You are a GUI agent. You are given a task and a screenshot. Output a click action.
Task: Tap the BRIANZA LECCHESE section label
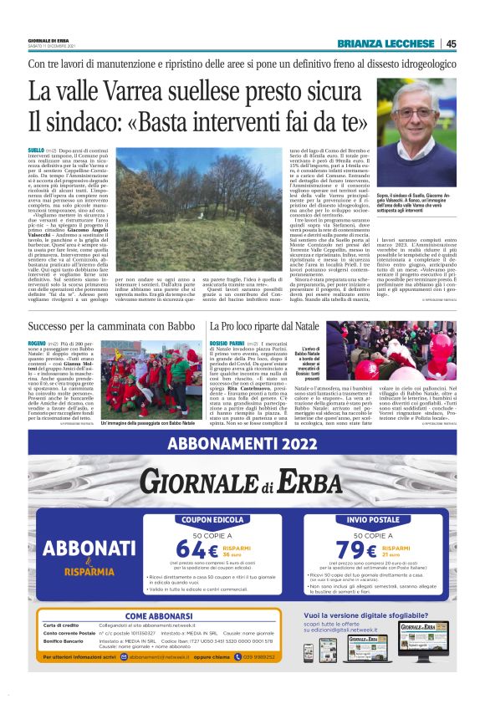pyautogui.click(x=387, y=43)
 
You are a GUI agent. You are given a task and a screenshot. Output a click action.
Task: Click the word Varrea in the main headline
pyautogui.click(x=135, y=91)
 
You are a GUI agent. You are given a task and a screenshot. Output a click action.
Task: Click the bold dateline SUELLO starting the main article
pyautogui.click(x=37, y=147)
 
